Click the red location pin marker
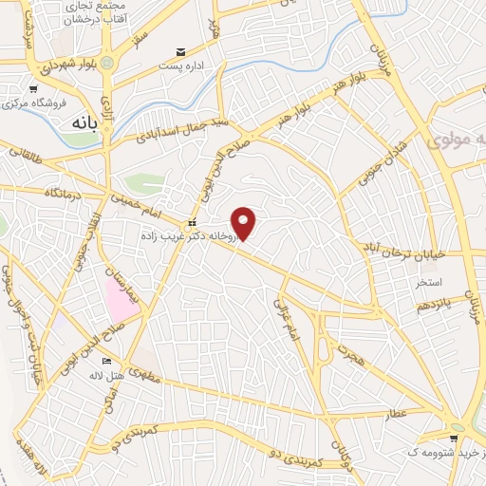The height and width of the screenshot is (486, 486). (245, 223)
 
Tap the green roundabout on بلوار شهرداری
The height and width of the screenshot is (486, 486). (107, 63)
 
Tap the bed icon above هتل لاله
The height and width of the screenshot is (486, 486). (106, 362)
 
